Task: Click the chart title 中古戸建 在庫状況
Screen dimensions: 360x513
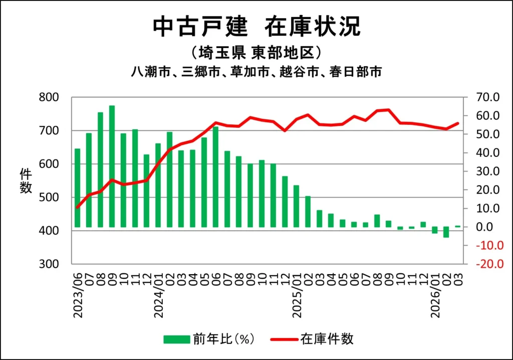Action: pyautogui.click(x=256, y=27)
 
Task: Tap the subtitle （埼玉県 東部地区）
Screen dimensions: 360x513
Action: pyautogui.click(x=256, y=53)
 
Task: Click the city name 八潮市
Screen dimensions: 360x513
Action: pyautogui.click(x=146, y=72)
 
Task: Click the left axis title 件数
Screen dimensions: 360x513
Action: pyautogui.click(x=26, y=181)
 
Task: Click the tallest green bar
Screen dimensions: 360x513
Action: pyautogui.click(x=112, y=165)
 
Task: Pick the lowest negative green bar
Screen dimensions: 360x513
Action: pyautogui.click(x=446, y=232)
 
